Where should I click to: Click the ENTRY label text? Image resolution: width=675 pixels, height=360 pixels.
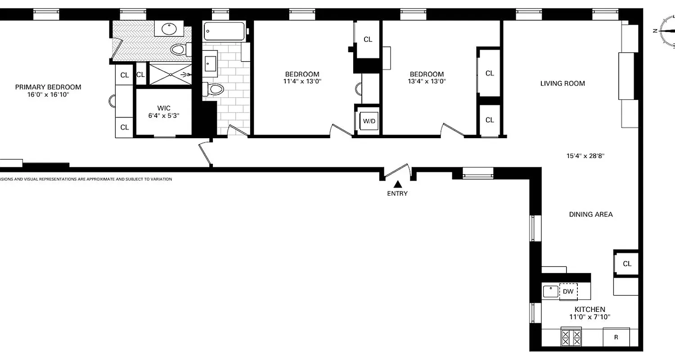coord(397,193)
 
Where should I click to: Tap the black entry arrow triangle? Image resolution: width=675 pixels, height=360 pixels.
coord(398,184)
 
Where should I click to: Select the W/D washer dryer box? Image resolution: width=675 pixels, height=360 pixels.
coord(369,121)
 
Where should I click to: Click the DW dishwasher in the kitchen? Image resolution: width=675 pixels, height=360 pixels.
coord(568,291)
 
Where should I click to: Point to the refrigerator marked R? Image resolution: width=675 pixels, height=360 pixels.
coord(616,337)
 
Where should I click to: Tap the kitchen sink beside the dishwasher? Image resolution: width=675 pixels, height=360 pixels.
coord(550,291)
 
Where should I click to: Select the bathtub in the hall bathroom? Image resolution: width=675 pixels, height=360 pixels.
coord(224,31)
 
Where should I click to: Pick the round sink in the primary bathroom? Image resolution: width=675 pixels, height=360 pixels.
coord(169,29)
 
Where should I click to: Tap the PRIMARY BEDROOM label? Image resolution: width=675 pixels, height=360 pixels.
coord(48,87)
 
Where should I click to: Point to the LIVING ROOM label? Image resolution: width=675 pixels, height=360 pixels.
coord(562,83)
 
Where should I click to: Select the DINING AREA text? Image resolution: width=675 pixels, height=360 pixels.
coord(590,214)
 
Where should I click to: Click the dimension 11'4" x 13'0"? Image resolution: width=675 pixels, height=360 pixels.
coord(302,81)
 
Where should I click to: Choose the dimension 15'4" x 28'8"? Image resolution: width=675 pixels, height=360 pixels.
coord(585,156)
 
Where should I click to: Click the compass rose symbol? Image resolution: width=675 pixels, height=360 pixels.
coord(668,31)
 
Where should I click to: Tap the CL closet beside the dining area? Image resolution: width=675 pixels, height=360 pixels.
coord(627,264)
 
